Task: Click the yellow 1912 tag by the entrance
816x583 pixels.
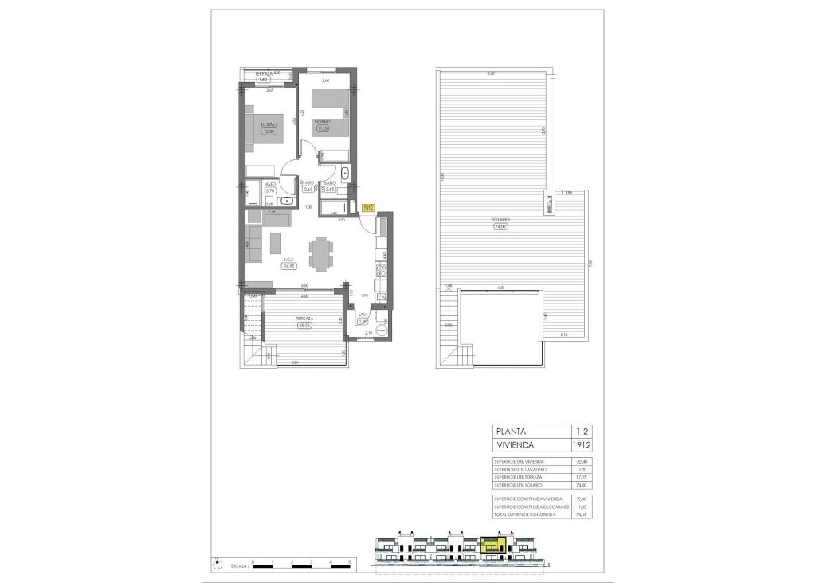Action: pos(368,208)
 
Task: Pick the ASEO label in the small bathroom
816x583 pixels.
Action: pos(270,183)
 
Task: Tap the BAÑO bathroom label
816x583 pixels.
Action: pos(329,183)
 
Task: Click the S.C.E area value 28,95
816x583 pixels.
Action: pos(289,267)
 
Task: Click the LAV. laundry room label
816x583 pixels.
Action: pos(362,315)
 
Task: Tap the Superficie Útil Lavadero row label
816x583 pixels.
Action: pos(520,470)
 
